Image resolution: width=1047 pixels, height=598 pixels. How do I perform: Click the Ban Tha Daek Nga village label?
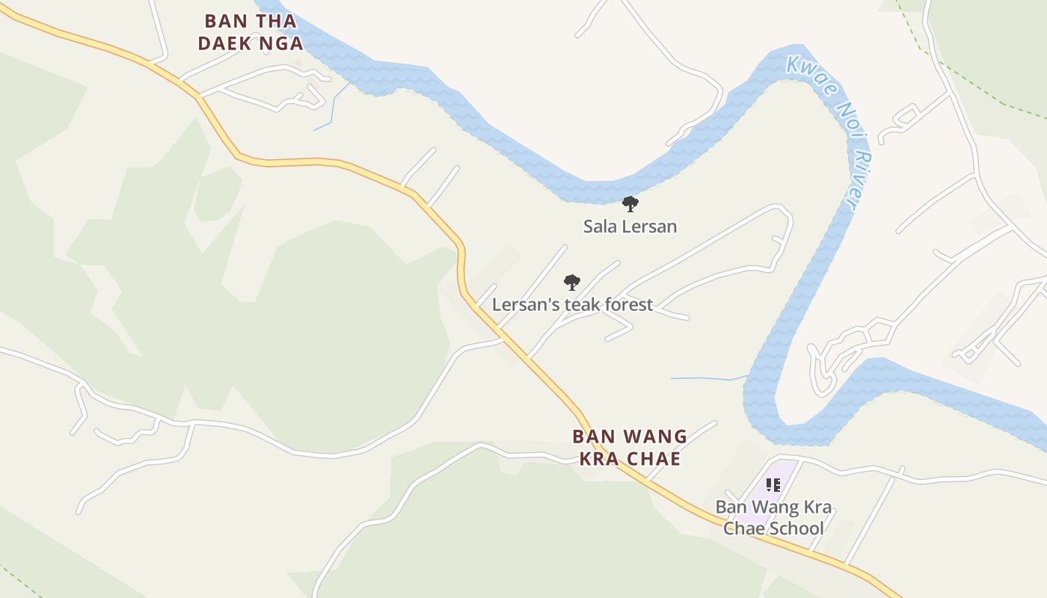pyautogui.click(x=251, y=32)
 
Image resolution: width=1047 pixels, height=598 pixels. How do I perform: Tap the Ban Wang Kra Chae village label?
pyautogui.click(x=630, y=447)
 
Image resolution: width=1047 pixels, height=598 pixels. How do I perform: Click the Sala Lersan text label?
pyautogui.click(x=630, y=226)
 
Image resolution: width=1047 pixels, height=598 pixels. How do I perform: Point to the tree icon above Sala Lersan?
pyautogui.click(x=630, y=203)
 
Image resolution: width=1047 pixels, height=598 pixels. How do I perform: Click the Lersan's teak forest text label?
pyautogui.click(x=572, y=304)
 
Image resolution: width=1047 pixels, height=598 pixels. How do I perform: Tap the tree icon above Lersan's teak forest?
pyautogui.click(x=572, y=283)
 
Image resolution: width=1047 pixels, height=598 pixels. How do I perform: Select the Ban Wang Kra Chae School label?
pyautogui.click(x=773, y=517)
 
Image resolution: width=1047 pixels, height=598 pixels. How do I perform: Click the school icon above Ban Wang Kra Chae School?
pyautogui.click(x=773, y=485)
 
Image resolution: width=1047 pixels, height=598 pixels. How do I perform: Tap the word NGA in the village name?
pyautogui.click(x=280, y=43)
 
